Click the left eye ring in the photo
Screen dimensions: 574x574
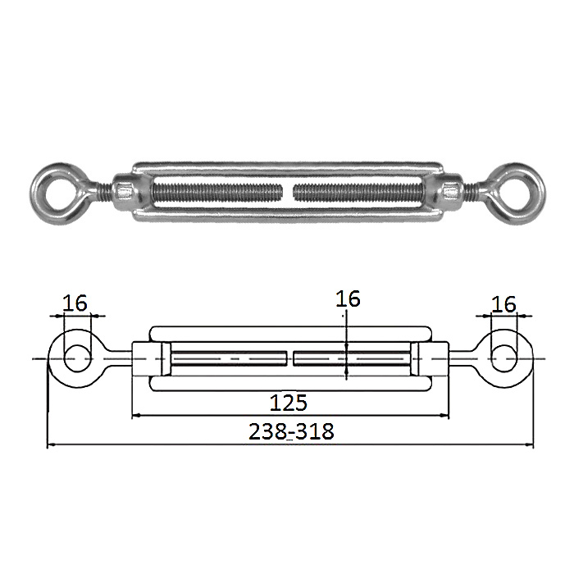click(x=37, y=194)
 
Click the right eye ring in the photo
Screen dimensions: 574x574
click(x=538, y=194)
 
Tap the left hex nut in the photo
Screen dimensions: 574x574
click(x=123, y=192)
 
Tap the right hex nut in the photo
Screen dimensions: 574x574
click(x=451, y=192)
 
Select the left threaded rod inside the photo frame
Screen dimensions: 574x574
click(x=217, y=192)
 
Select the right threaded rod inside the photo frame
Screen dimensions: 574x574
click(x=359, y=192)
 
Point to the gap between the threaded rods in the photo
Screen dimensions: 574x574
click(x=288, y=192)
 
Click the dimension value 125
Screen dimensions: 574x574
click(x=288, y=403)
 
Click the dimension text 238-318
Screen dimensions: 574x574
click(x=291, y=431)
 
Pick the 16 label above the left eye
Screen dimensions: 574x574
click(x=75, y=303)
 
